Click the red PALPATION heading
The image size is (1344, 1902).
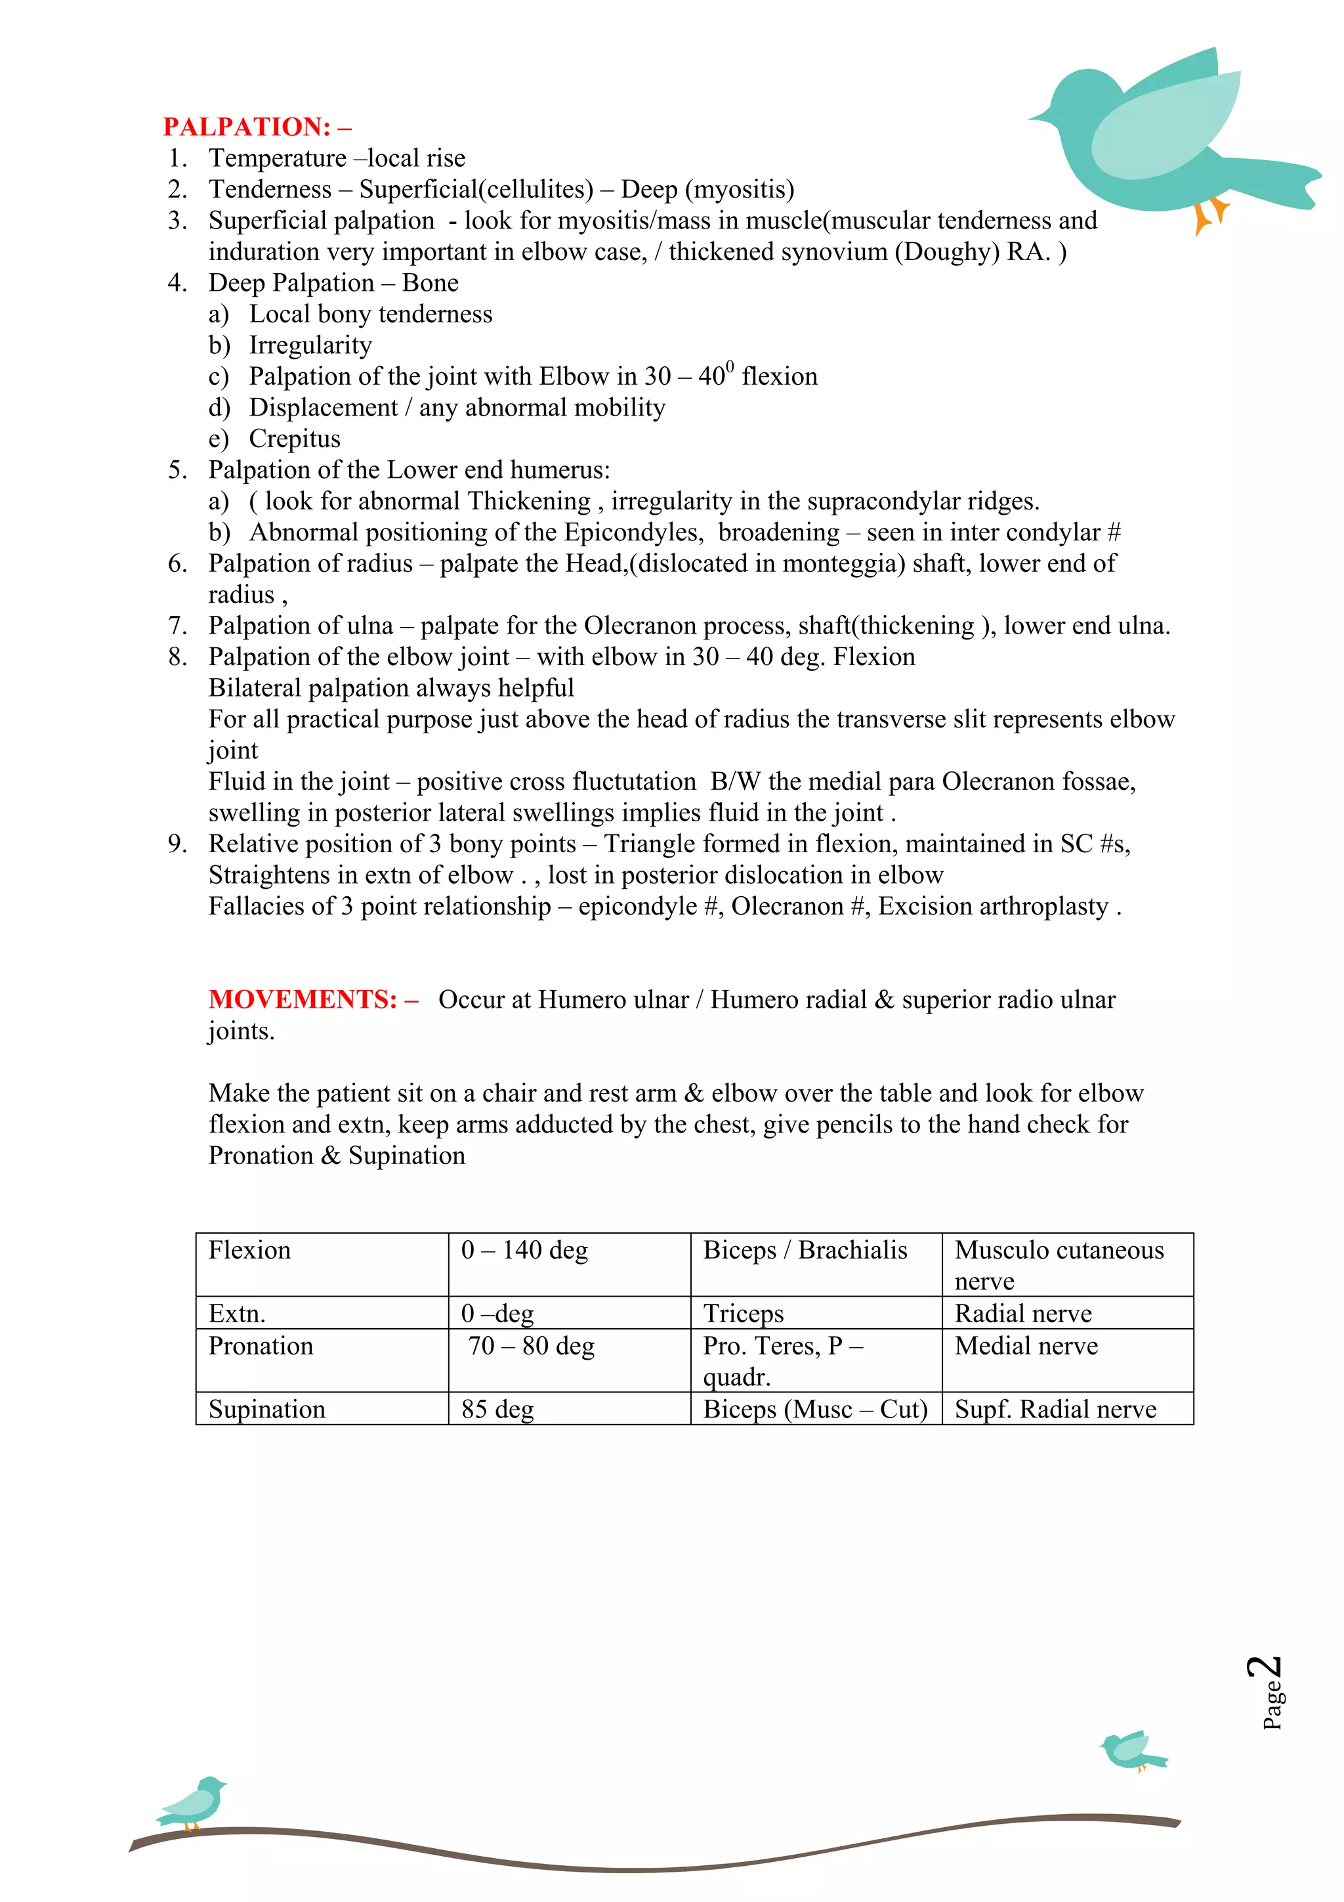(257, 127)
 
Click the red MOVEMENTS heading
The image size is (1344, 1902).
(313, 999)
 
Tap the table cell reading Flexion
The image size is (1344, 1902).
(249, 1250)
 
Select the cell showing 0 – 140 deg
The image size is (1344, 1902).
(524, 1250)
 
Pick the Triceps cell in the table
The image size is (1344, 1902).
(743, 1313)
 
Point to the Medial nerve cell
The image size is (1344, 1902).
(1026, 1346)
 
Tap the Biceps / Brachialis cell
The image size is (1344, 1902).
(805, 1250)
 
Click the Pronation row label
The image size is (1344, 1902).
(261, 1346)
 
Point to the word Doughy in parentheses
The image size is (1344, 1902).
(948, 252)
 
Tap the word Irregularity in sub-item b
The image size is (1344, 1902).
(310, 345)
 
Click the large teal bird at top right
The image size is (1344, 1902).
(1160, 133)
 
